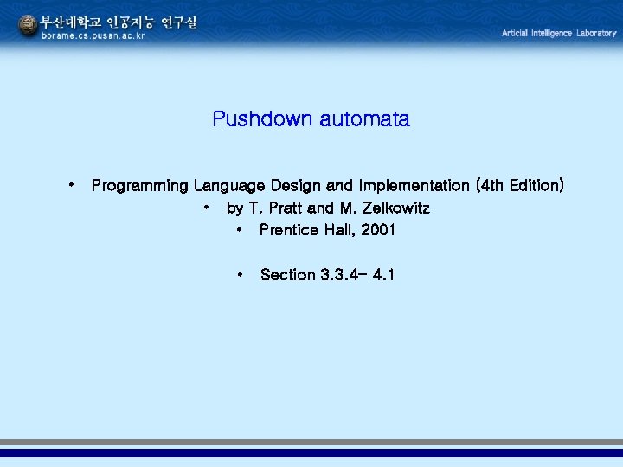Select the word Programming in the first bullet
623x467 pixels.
140,186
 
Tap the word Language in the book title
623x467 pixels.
229,186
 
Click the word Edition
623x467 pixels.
536,186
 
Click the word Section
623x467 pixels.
287,275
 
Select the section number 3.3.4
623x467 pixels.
338,275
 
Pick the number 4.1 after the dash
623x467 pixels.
382,275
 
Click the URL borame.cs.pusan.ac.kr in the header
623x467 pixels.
94,36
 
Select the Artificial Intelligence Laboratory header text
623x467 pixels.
559,33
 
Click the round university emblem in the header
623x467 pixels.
28,26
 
